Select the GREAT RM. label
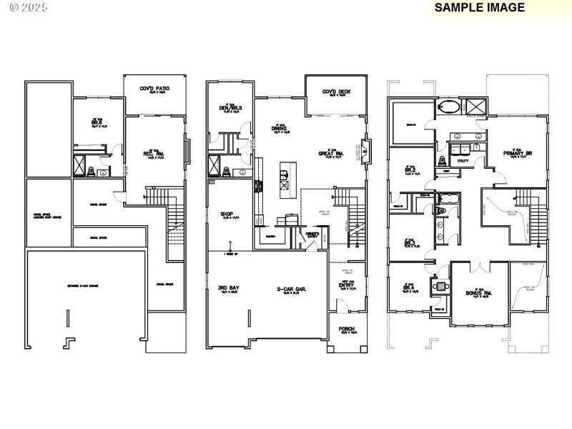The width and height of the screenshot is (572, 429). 332,153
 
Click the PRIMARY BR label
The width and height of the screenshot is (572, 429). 518,153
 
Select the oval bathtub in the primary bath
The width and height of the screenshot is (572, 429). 449,109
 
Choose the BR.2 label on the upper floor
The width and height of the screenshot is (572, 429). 411,171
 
